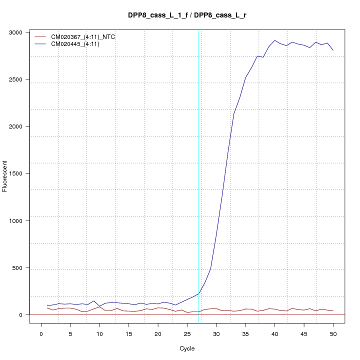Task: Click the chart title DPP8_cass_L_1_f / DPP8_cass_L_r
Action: click(186, 15)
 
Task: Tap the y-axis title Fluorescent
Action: click(5, 176)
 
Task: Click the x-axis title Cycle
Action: click(186, 348)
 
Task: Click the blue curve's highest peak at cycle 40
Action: click(274, 40)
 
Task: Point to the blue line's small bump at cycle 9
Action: click(93, 301)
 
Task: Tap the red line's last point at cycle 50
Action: click(333, 311)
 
